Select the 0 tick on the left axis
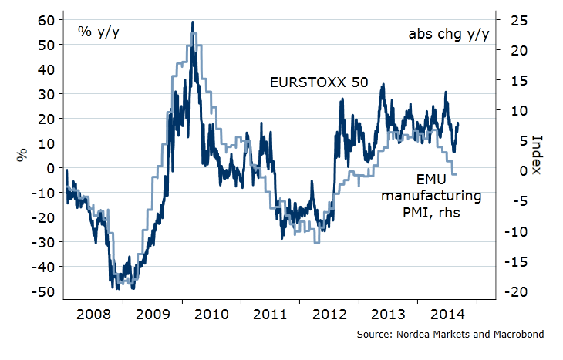pos(50,168)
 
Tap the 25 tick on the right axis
pos(510,19)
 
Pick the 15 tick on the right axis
pos(510,80)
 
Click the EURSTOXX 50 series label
pos(319,82)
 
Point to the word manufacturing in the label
pos(432,195)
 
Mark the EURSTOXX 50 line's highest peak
pos(192,22)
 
